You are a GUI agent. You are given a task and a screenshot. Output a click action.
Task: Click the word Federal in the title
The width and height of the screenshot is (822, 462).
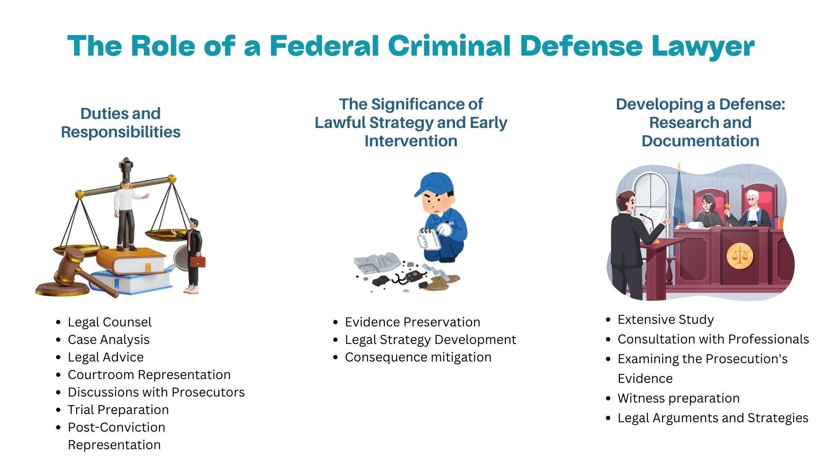pyautogui.click(x=324, y=45)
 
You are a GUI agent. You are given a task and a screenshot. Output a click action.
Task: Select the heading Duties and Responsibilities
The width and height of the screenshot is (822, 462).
pyautogui.click(x=121, y=122)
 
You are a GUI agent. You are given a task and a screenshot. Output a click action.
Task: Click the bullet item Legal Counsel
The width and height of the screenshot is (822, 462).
pyautogui.click(x=110, y=322)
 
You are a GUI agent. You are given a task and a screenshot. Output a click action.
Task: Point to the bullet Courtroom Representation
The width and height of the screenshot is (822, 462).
pyautogui.click(x=149, y=375)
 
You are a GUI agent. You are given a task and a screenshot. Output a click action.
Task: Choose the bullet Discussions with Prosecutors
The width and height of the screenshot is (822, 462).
pyautogui.click(x=156, y=392)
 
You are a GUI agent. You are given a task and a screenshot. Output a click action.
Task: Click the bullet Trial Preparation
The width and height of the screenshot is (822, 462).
pyautogui.click(x=118, y=410)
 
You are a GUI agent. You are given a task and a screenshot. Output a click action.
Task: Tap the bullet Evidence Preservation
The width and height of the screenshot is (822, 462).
pyautogui.click(x=413, y=322)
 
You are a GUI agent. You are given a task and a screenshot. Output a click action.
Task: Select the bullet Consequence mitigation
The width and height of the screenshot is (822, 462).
pyautogui.click(x=418, y=357)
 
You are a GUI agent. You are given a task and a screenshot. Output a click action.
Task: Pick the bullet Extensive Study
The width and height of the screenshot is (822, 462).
pyautogui.click(x=666, y=320)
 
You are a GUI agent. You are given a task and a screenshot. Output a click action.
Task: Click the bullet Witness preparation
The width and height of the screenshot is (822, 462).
pyautogui.click(x=679, y=398)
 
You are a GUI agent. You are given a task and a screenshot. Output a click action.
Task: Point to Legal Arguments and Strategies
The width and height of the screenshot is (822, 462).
pyautogui.click(x=713, y=418)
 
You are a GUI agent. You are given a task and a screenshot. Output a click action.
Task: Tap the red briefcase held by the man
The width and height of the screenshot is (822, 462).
pyautogui.click(x=197, y=261)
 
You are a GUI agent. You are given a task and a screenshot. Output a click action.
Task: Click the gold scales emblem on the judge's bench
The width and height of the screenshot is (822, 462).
pyautogui.click(x=739, y=256)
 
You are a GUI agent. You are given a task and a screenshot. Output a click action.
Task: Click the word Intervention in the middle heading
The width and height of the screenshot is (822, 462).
pyautogui.click(x=411, y=141)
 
